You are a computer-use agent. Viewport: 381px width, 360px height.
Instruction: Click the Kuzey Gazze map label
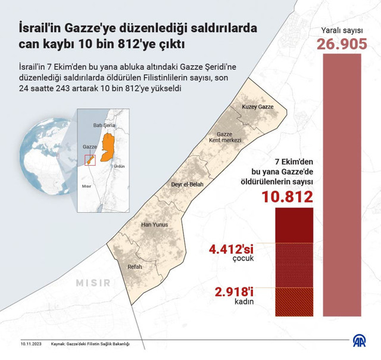(257, 107)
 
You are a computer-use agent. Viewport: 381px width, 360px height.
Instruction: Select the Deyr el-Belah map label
(187, 185)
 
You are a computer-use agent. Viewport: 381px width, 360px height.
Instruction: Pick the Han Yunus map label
(154, 225)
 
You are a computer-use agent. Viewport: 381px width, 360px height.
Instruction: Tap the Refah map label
(135, 267)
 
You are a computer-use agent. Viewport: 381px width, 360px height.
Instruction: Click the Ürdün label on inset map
(118, 166)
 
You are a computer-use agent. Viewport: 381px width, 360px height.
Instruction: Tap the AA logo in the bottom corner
(360, 342)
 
